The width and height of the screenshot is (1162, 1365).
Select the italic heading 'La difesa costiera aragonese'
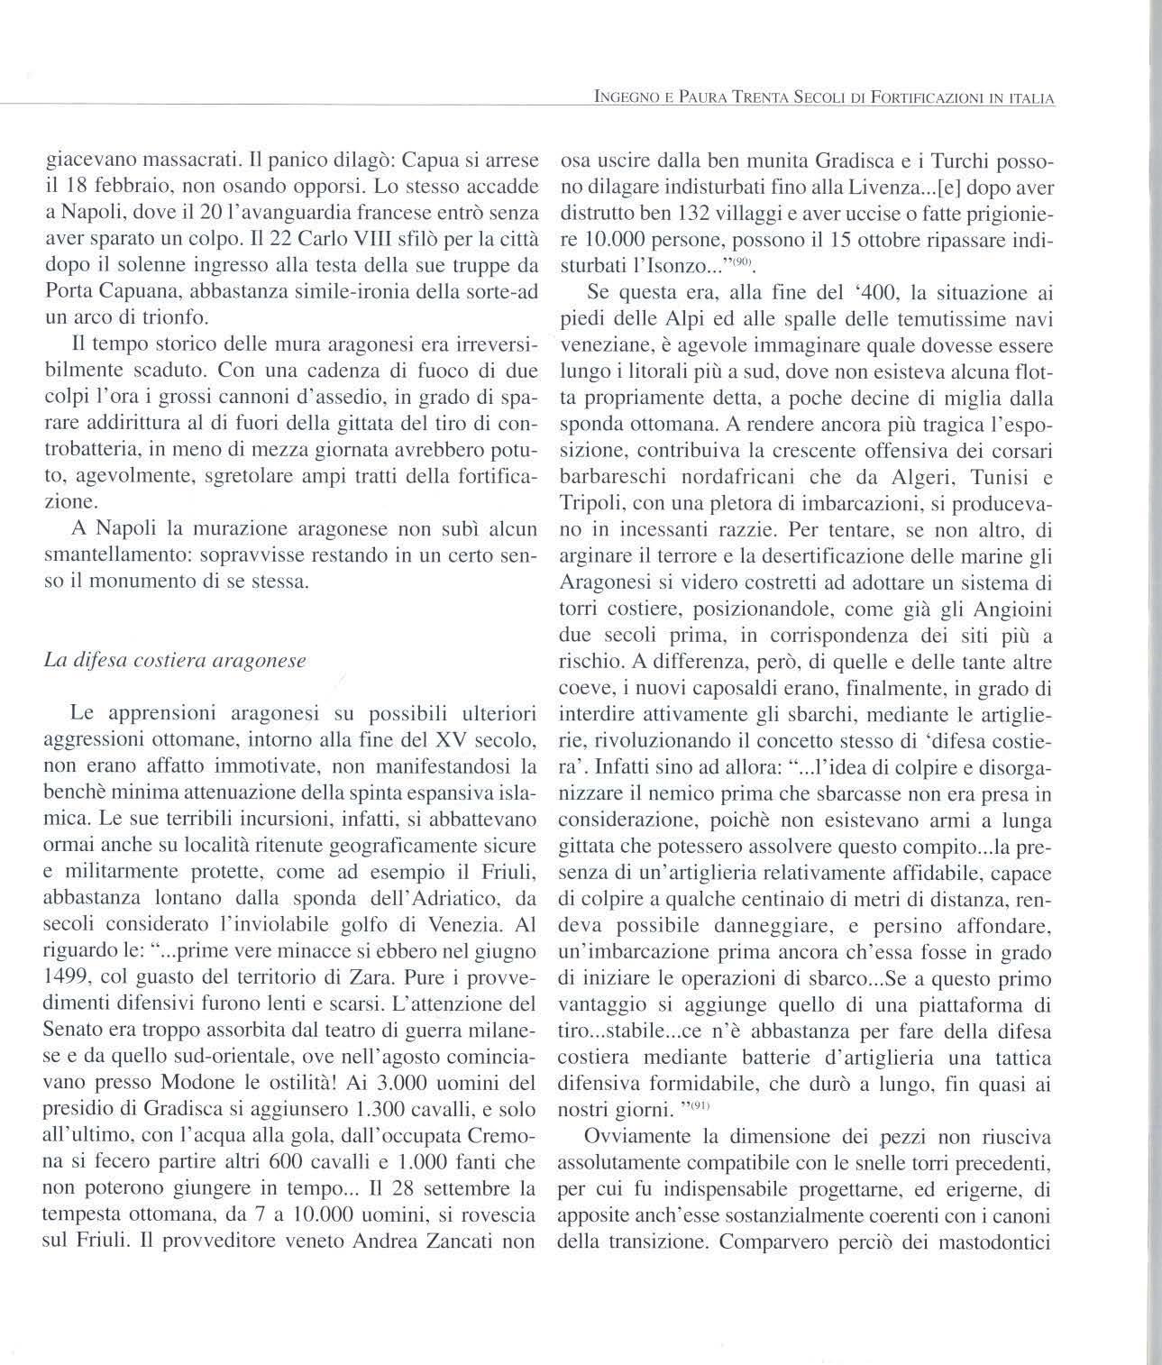(x=175, y=660)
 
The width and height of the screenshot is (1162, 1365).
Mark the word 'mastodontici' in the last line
(x=996, y=1241)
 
